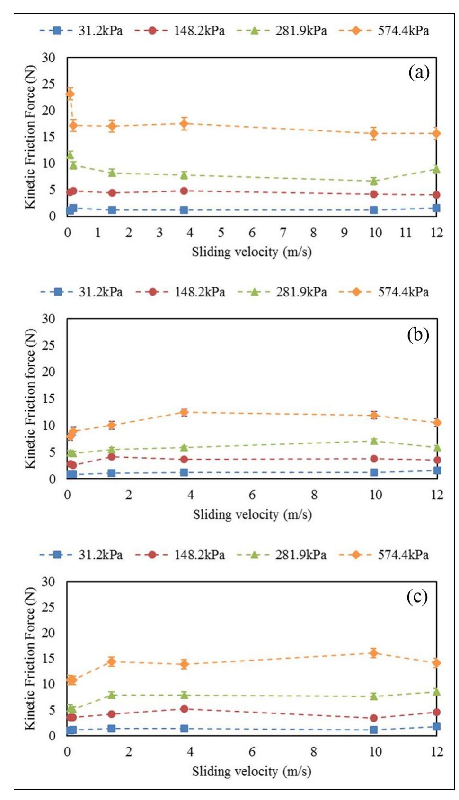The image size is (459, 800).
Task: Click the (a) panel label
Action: click(418, 72)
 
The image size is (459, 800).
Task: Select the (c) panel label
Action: click(417, 597)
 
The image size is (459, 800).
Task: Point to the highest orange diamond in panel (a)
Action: click(70, 94)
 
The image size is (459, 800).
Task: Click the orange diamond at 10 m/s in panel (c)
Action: click(373, 653)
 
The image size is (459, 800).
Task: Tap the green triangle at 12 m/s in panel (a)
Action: click(436, 169)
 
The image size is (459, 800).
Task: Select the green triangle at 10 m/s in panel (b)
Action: click(374, 441)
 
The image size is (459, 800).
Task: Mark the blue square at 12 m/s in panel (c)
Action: click(436, 727)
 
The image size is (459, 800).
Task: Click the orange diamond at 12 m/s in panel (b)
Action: click(437, 422)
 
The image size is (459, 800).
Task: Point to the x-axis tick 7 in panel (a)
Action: click(282, 233)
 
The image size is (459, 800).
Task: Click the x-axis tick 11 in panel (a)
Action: click(406, 233)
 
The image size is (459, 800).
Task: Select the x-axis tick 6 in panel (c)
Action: click(252, 752)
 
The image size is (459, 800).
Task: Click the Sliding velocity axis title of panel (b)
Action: click(252, 514)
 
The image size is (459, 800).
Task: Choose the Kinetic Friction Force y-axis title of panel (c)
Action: click(30, 658)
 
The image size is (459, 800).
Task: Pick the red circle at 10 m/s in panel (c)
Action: click(373, 718)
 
